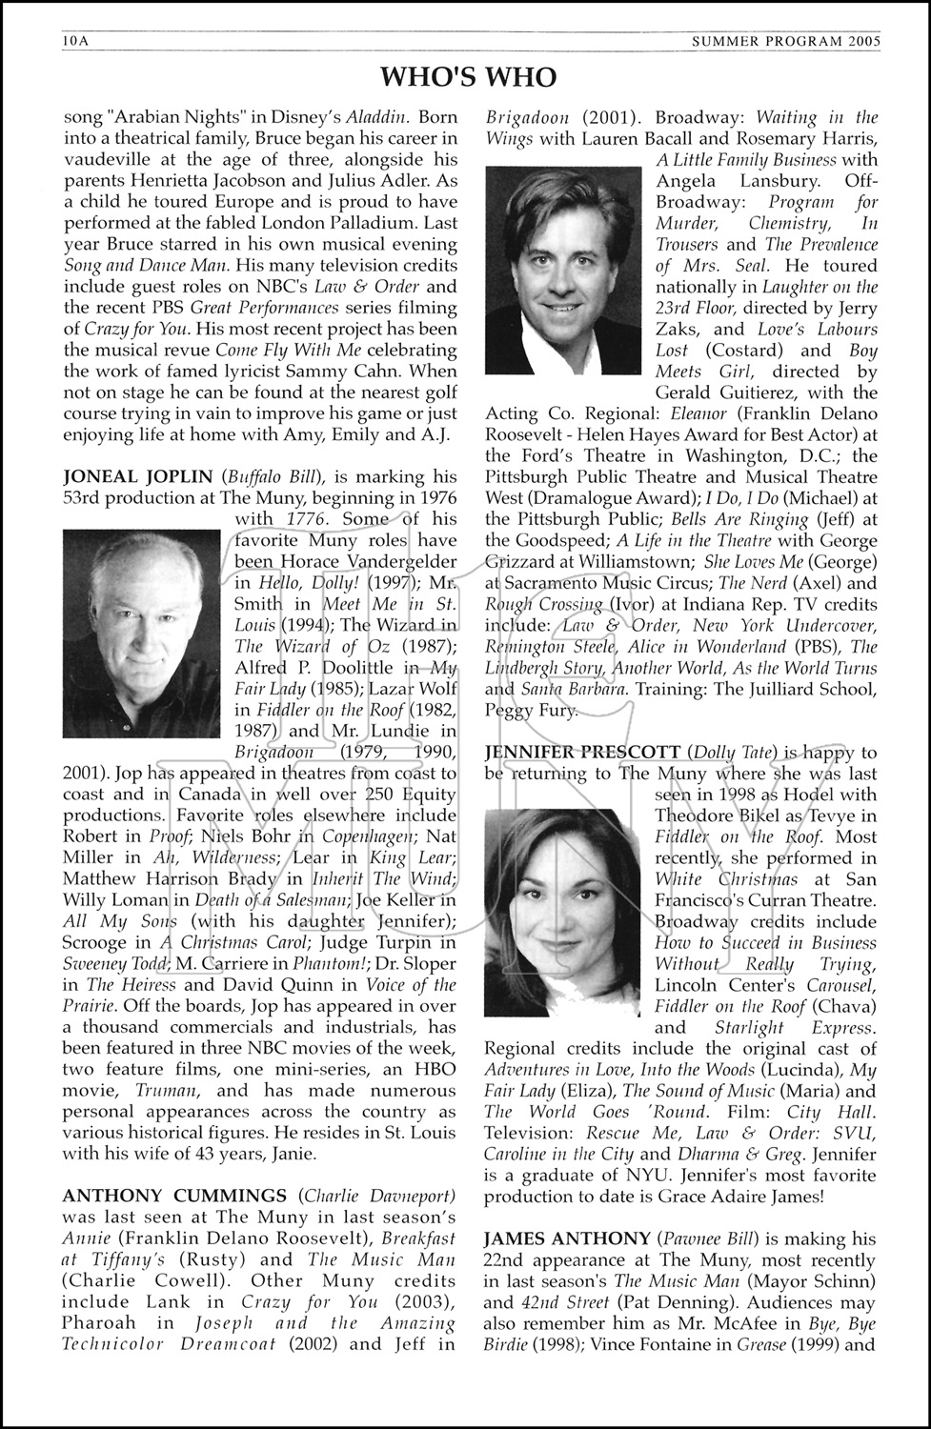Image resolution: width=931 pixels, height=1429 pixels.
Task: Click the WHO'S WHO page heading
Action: pos(468,76)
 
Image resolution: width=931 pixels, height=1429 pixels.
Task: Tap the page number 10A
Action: pos(74,42)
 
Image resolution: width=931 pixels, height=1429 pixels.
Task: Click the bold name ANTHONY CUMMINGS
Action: pos(174,1196)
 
